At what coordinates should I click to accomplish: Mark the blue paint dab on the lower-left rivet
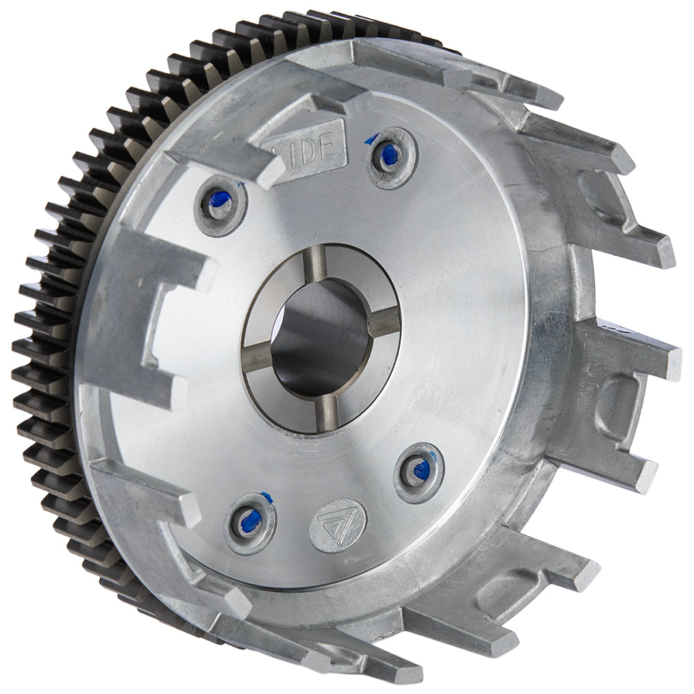(x=248, y=523)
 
